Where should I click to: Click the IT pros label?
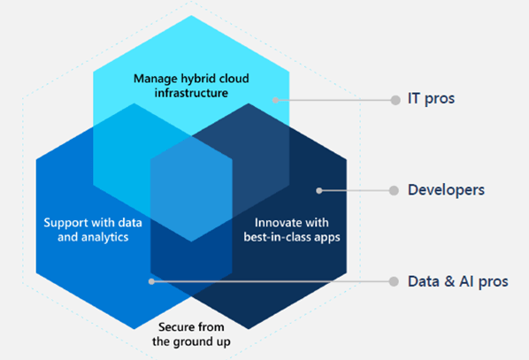click(x=431, y=98)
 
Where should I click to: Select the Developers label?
click(x=446, y=190)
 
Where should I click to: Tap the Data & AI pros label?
click(x=458, y=281)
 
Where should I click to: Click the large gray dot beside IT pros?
click(x=395, y=100)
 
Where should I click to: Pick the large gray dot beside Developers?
click(x=394, y=191)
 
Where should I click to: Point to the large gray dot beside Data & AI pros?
click(x=394, y=281)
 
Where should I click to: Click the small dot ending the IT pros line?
click(x=276, y=100)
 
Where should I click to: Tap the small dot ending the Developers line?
click(x=319, y=191)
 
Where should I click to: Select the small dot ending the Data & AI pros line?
click(x=152, y=281)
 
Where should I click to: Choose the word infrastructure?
click(x=191, y=93)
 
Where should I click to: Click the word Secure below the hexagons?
click(x=174, y=327)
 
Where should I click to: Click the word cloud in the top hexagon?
click(x=234, y=79)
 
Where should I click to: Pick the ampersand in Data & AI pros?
click(x=449, y=281)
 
